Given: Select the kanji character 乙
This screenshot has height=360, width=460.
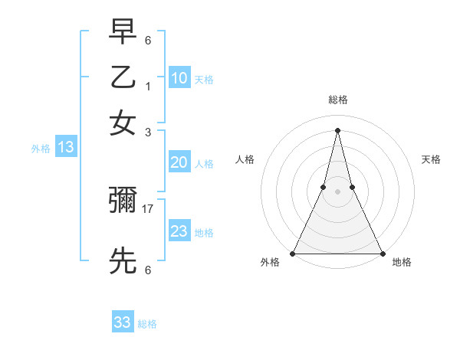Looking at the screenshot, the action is click(123, 77).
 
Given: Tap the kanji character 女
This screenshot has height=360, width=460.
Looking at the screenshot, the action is click(123, 123).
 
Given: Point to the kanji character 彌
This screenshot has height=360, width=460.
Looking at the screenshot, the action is click(123, 201).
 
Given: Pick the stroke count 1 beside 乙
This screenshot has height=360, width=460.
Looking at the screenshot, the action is click(148, 86).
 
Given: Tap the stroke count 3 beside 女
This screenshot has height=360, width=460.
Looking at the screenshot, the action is click(148, 132).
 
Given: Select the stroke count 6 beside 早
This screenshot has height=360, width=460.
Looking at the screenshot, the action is click(148, 39).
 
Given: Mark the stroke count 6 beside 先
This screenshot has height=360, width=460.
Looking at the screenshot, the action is click(148, 270).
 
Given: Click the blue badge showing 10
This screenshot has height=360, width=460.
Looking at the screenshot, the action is click(179, 77).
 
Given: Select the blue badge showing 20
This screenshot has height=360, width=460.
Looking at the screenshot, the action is click(179, 162).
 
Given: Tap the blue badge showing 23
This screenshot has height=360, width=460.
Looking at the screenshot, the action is click(179, 231).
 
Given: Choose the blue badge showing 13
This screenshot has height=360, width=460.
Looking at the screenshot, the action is click(66, 147).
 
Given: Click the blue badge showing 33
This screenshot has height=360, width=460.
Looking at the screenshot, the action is click(123, 322).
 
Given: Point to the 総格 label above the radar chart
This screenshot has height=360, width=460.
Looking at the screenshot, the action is click(338, 100).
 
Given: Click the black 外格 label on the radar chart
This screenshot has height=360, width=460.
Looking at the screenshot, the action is click(271, 263).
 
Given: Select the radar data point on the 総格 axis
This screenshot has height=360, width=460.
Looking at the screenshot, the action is click(337, 129).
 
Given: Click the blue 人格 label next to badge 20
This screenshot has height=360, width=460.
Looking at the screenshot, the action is click(204, 163).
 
